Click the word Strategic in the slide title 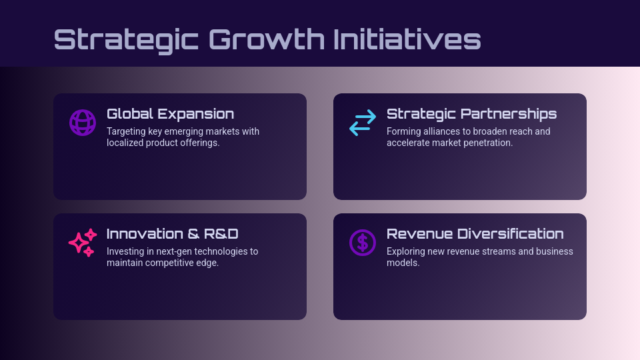126,39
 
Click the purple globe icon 83,123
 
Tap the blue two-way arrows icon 363,123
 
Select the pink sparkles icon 83,243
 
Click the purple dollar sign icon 363,243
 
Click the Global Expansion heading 170,114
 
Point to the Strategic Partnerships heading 471,114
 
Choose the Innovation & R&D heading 172,234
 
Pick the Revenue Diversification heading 475,234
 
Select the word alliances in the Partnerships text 439,131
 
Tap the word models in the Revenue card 402,263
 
